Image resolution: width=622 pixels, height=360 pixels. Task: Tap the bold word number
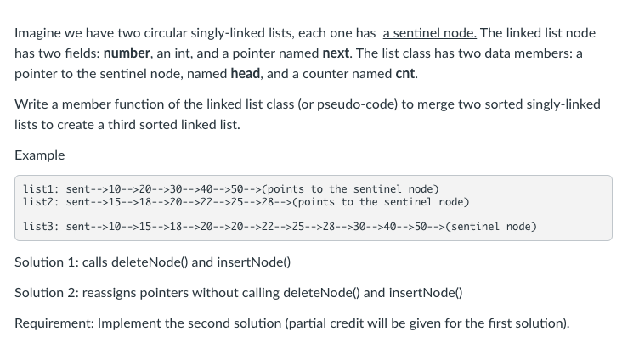[x=127, y=53]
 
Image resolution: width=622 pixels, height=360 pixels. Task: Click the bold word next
[x=336, y=53]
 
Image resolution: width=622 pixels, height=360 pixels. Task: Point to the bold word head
[x=246, y=73]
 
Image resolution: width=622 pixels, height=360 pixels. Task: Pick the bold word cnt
[x=406, y=73]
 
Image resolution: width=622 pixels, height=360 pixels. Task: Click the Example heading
[x=39, y=155]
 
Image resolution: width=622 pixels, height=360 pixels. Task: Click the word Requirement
[x=53, y=323]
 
